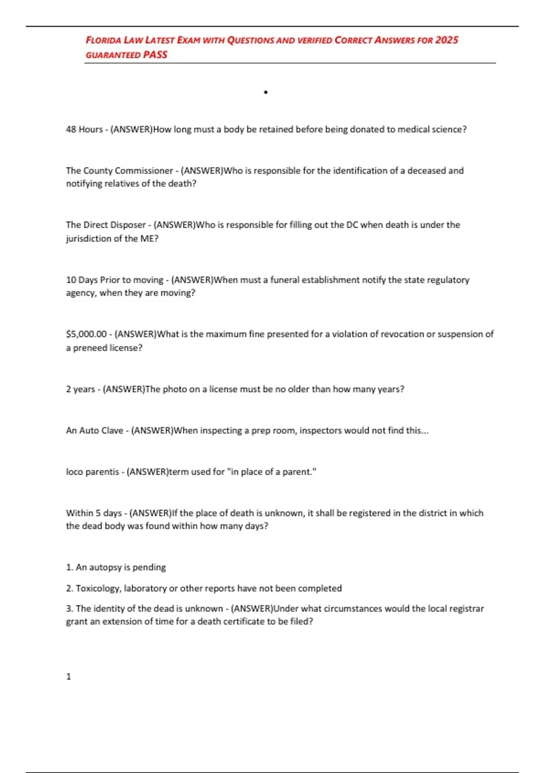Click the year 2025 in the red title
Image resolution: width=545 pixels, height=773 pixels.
coord(446,40)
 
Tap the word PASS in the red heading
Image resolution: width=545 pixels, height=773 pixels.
coord(155,55)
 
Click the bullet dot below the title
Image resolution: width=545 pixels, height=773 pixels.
coord(266,92)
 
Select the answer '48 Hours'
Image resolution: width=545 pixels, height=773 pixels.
coord(84,129)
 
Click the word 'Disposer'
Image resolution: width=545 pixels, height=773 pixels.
coord(126,225)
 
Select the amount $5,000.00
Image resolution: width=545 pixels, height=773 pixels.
coord(86,334)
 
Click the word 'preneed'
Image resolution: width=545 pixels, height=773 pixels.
coord(89,348)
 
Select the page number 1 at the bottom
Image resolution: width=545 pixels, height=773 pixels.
coord(69,677)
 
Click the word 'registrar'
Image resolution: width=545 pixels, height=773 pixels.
coord(466,608)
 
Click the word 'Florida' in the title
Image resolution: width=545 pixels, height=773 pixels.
coord(104,40)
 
